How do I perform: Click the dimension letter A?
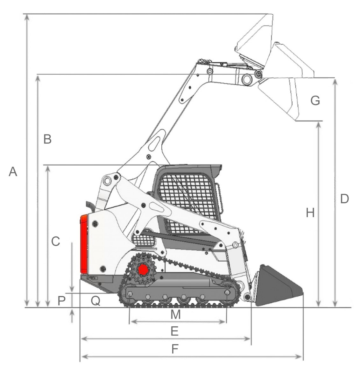tap(13, 171)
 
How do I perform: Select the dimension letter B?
tap(47, 139)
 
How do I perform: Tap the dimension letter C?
tap(56, 241)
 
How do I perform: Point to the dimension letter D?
tap(344, 199)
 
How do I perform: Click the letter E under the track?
tap(174, 331)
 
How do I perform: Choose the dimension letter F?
tap(175, 349)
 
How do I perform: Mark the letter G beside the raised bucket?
tap(315, 100)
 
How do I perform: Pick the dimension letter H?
tap(310, 213)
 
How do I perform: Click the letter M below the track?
tap(175, 314)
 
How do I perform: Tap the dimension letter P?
tap(61, 301)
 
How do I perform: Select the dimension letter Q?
tap(96, 301)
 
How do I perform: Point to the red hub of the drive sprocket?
tap(143, 270)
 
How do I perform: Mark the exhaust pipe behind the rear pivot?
tap(91, 206)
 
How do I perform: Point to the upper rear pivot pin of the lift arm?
tap(107, 180)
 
